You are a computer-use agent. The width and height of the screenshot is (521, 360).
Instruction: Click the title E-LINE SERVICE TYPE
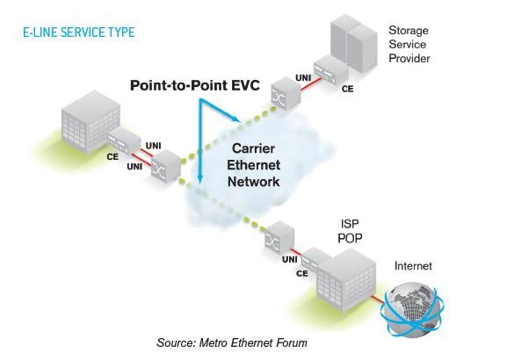tap(79, 32)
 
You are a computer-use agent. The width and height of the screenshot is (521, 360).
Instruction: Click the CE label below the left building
tap(112, 156)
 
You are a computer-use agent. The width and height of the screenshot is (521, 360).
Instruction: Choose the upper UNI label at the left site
tap(154, 144)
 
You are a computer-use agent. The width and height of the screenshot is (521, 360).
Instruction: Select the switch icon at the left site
tap(165, 168)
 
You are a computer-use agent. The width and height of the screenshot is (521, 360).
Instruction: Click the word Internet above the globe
tap(413, 266)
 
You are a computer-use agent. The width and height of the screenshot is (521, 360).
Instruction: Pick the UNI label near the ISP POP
tap(287, 260)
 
